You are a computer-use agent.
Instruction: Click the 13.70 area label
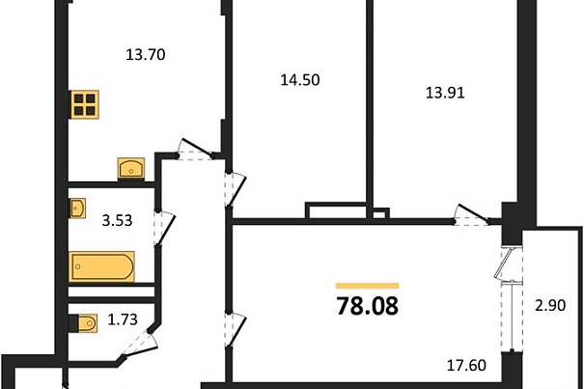145,55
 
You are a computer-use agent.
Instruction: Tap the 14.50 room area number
300,80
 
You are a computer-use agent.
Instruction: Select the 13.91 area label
445,93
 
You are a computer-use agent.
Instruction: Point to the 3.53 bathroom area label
117,221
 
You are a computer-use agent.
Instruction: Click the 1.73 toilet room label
123,320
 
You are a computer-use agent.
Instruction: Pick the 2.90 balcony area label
550,306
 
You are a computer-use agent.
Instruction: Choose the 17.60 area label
466,365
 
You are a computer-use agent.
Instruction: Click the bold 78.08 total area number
367,306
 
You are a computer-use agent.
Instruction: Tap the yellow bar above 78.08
367,286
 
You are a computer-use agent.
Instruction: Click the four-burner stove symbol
85,104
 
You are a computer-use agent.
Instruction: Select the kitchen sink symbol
131,168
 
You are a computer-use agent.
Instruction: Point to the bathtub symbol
101,266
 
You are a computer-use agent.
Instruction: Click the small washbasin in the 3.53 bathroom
78,208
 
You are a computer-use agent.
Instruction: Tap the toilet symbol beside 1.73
84,323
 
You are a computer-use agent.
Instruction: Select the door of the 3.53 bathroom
164,228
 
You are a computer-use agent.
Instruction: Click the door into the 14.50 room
236,189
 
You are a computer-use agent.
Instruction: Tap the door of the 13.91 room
471,214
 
